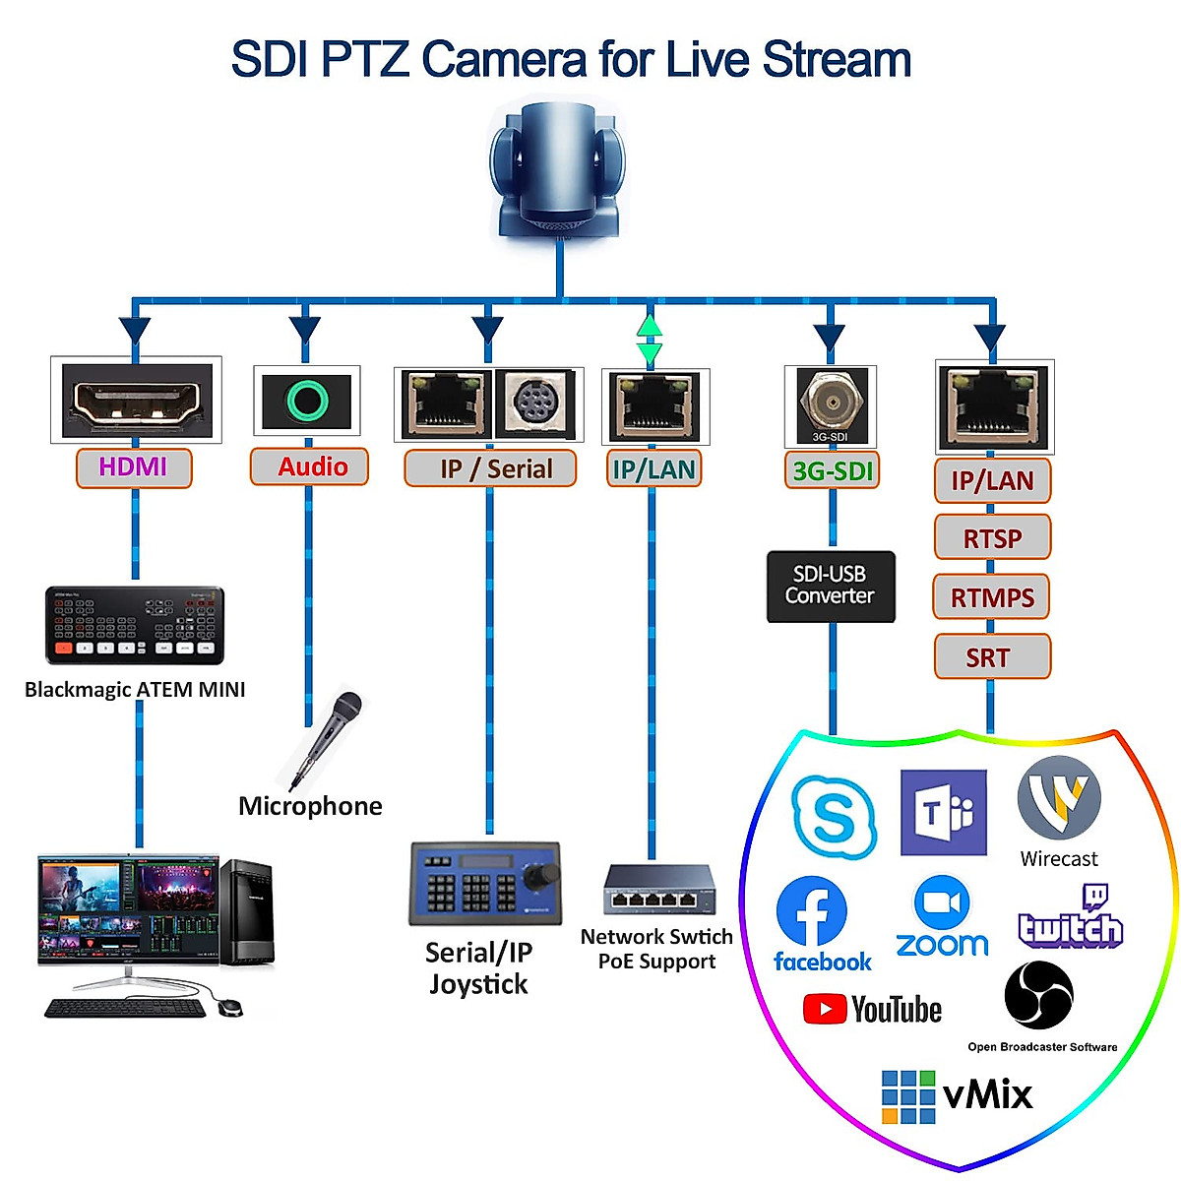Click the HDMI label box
pyautogui.click(x=134, y=467)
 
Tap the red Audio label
pyautogui.click(x=309, y=466)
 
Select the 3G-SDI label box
pyautogui.click(x=832, y=470)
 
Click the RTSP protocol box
pyautogui.click(x=992, y=537)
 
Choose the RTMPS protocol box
pyautogui.click(x=991, y=596)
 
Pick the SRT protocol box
pyautogui.click(x=992, y=656)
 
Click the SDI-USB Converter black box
pyautogui.click(x=831, y=587)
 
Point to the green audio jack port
pyautogui.click(x=307, y=401)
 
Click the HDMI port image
pyautogui.click(x=137, y=401)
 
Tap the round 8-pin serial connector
pyautogui.click(x=530, y=404)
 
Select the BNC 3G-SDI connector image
pyautogui.click(x=832, y=404)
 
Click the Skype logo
pyautogui.click(x=833, y=817)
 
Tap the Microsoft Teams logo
pyautogui.click(x=943, y=812)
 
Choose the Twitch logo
pyautogui.click(x=1071, y=915)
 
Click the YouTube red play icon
pyautogui.click(x=825, y=1009)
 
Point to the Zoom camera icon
pyautogui.click(x=942, y=903)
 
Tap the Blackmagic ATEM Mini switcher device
pyautogui.click(x=135, y=625)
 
